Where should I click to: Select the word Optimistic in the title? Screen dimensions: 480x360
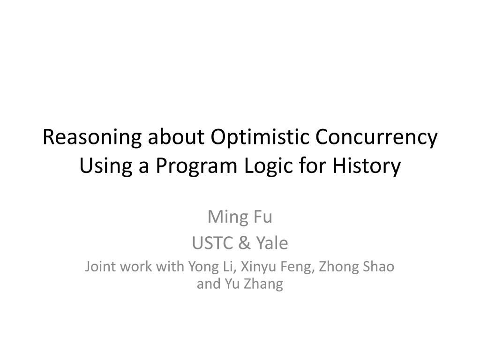(260, 137)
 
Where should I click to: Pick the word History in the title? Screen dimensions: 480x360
(367, 166)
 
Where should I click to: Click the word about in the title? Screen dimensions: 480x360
(176, 137)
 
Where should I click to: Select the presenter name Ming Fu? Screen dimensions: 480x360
(240, 217)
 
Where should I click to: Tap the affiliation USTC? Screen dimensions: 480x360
(212, 243)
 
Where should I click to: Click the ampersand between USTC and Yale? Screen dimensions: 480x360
(244, 243)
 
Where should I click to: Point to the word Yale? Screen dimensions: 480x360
(272, 243)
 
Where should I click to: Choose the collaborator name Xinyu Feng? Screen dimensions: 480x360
(277, 267)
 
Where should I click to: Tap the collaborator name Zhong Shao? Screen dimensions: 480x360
(357, 267)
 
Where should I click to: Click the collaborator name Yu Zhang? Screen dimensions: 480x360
(254, 284)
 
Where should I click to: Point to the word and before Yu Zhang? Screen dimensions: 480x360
(209, 284)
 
